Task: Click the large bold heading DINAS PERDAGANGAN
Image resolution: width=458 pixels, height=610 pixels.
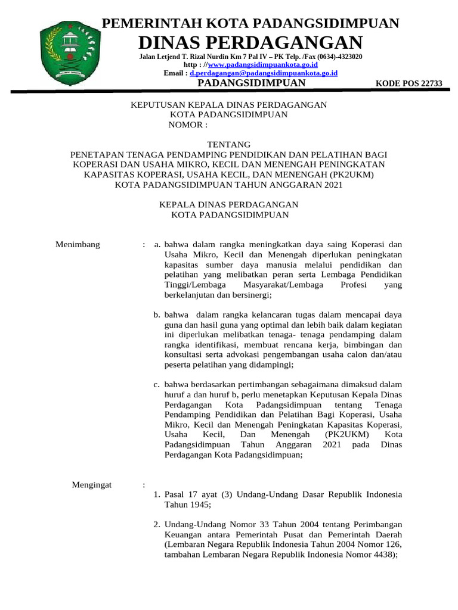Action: click(x=250, y=42)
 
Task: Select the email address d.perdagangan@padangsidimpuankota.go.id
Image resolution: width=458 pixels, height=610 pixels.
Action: click(x=264, y=73)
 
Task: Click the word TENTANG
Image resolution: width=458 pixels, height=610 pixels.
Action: click(x=228, y=145)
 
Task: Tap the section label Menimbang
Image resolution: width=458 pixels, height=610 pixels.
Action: click(x=78, y=244)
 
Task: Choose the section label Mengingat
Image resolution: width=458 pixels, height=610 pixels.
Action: click(x=92, y=485)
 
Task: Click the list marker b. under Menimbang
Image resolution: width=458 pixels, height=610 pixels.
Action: click(x=157, y=315)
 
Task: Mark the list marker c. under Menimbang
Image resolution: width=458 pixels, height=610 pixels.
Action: click(x=157, y=384)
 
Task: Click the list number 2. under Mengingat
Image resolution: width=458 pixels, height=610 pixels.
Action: click(x=157, y=524)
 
